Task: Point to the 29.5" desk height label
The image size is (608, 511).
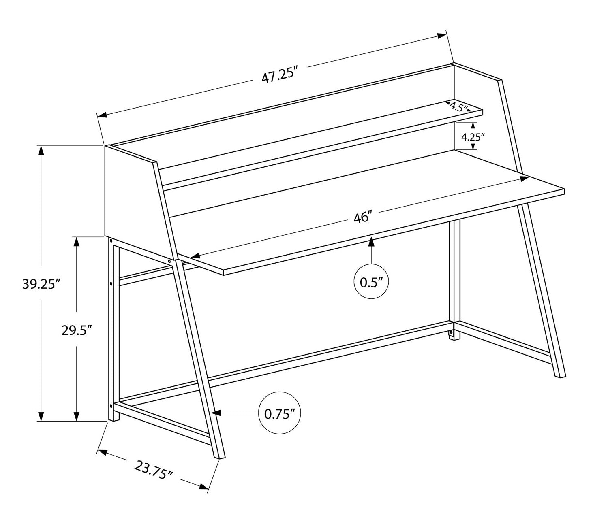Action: tap(77, 331)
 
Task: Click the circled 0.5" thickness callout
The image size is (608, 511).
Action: tap(371, 281)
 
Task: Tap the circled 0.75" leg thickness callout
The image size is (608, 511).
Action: tap(280, 413)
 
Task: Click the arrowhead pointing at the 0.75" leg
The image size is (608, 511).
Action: tap(216, 413)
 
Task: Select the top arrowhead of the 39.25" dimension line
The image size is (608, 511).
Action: tap(41, 151)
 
